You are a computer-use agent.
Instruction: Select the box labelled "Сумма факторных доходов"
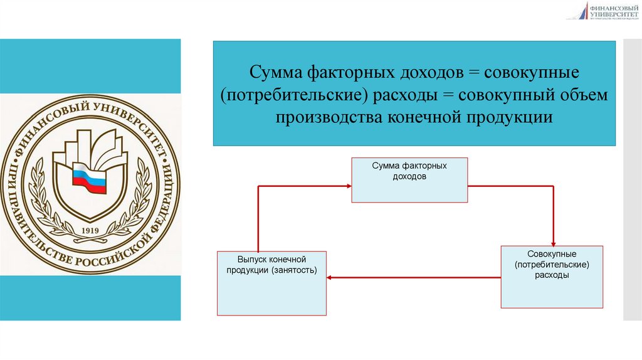pyautogui.click(x=409, y=181)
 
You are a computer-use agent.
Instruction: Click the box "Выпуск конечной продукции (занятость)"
pyautogui.click(x=271, y=283)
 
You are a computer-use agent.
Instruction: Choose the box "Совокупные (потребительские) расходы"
pyautogui.click(x=552, y=277)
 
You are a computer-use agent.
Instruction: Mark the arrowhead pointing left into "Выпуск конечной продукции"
pyautogui.click(x=330, y=277)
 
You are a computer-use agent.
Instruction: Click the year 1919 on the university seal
pyautogui.click(x=92, y=230)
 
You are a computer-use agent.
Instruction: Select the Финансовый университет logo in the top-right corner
pyautogui.click(x=602, y=11)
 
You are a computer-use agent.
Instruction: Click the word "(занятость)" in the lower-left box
pyautogui.click(x=294, y=270)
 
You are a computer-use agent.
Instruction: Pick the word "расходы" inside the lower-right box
pyautogui.click(x=552, y=275)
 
